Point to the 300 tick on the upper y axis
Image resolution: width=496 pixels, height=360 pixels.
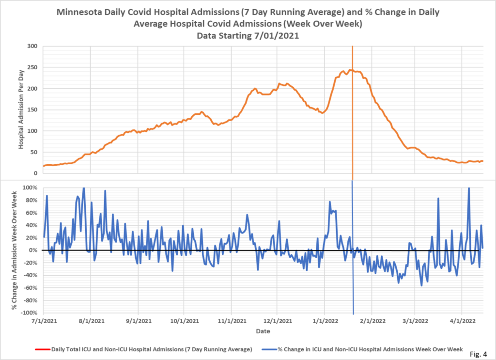point(32,47)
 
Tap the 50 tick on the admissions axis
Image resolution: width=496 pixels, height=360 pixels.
point(34,152)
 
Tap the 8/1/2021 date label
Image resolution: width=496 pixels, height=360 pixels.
point(91,321)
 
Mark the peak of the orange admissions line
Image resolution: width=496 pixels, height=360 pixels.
point(350,70)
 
